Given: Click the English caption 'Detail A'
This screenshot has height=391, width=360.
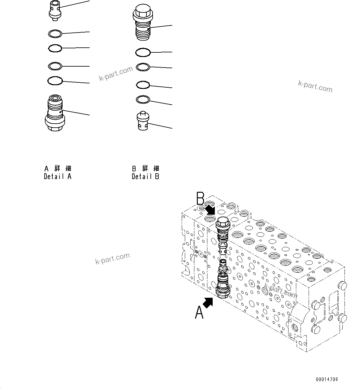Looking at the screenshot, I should pyautogui.click(x=58, y=177).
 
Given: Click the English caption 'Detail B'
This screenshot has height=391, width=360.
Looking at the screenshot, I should pyautogui.click(x=145, y=177).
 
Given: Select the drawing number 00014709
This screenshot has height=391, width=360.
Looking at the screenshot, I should pyautogui.click(x=327, y=379).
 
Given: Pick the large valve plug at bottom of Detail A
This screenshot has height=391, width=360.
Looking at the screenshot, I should pyautogui.click(x=55, y=113).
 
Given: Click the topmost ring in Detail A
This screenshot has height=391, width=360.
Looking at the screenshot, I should pyautogui.click(x=55, y=33).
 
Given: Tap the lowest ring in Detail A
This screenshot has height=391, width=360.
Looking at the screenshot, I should pyautogui.click(x=55, y=81).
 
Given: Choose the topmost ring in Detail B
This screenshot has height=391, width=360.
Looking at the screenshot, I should pyautogui.click(x=143, y=53).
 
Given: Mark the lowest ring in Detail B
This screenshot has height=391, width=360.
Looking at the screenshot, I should pyautogui.click(x=143, y=99).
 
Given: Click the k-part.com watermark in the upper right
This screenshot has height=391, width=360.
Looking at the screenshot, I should pyautogui.click(x=315, y=86).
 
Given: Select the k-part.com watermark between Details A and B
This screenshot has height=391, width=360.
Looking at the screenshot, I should pyautogui.click(x=116, y=74).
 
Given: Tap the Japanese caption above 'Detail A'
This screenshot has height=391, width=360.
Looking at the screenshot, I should pyautogui.click(x=58, y=169).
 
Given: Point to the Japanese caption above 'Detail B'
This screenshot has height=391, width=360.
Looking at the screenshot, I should pyautogui.click(x=145, y=169).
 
